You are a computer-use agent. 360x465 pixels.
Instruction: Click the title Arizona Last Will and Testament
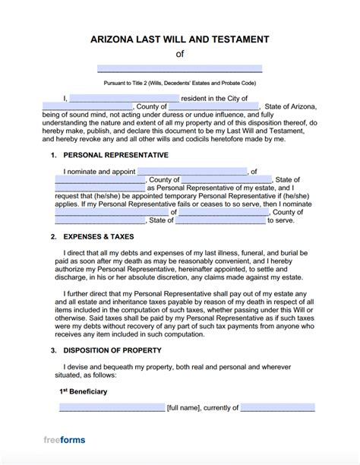(180, 39)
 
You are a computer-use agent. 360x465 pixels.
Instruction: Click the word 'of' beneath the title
(180, 54)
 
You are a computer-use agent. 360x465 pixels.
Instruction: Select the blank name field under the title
(180, 68)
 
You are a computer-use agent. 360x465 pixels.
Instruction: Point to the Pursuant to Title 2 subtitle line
(180, 82)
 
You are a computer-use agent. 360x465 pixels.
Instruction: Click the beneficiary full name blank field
(111, 408)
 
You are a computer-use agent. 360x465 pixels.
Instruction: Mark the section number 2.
(54, 237)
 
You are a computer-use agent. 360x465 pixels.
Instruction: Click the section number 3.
(54, 350)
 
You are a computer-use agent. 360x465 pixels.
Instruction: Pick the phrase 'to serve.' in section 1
(281, 220)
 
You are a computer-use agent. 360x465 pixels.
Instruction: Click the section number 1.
(54, 155)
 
